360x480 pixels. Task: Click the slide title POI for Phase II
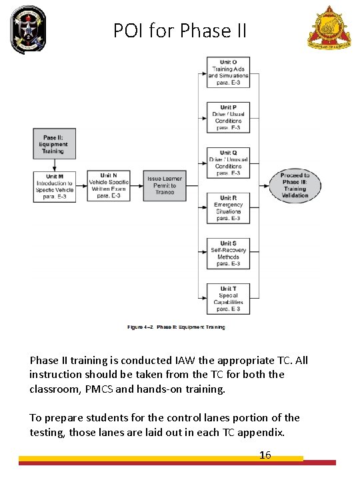tap(180, 30)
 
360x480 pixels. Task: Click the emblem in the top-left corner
tap(29, 29)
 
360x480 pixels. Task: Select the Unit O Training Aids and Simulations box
tap(228, 73)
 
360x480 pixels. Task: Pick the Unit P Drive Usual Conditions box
tap(228, 117)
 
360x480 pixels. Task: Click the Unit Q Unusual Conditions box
tap(228, 163)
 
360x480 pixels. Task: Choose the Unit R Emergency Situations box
tap(228, 208)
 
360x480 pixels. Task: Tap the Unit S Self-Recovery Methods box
tap(228, 253)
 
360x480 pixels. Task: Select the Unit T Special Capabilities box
tap(228, 299)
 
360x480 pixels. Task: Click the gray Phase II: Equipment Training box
tap(55, 144)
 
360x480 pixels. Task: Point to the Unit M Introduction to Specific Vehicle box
tap(55, 185)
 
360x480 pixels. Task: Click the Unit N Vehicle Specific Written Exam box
tap(108, 185)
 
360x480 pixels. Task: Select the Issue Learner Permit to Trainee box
tap(164, 185)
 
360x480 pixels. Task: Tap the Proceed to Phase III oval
tap(295, 185)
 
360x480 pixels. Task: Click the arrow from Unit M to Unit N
tap(81, 185)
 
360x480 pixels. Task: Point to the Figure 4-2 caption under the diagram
tap(176, 327)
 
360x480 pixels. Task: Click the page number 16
tap(265, 455)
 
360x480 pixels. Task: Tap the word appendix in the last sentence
tap(265, 431)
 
